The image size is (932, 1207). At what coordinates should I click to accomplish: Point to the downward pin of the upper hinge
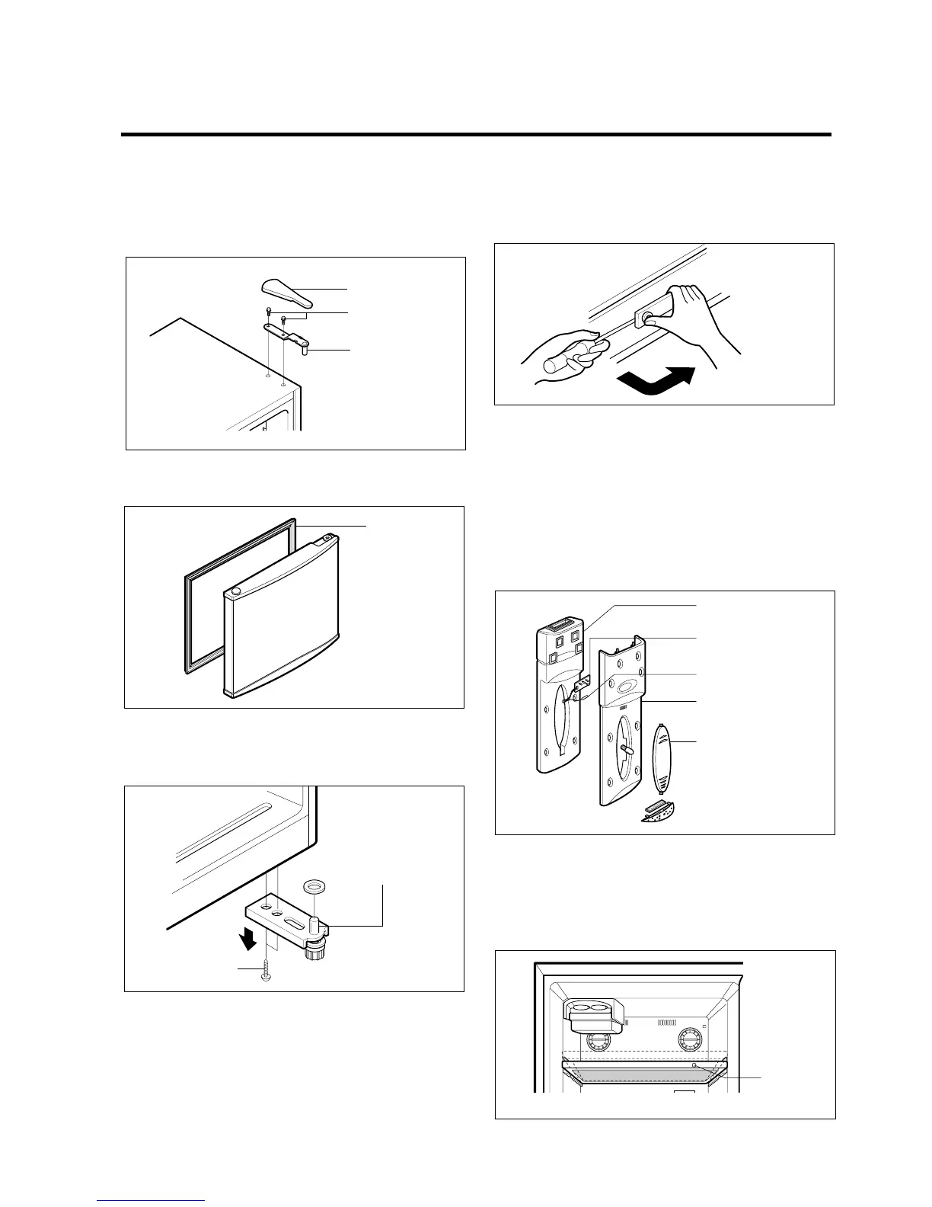306,351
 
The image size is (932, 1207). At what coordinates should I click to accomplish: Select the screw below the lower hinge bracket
265,975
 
